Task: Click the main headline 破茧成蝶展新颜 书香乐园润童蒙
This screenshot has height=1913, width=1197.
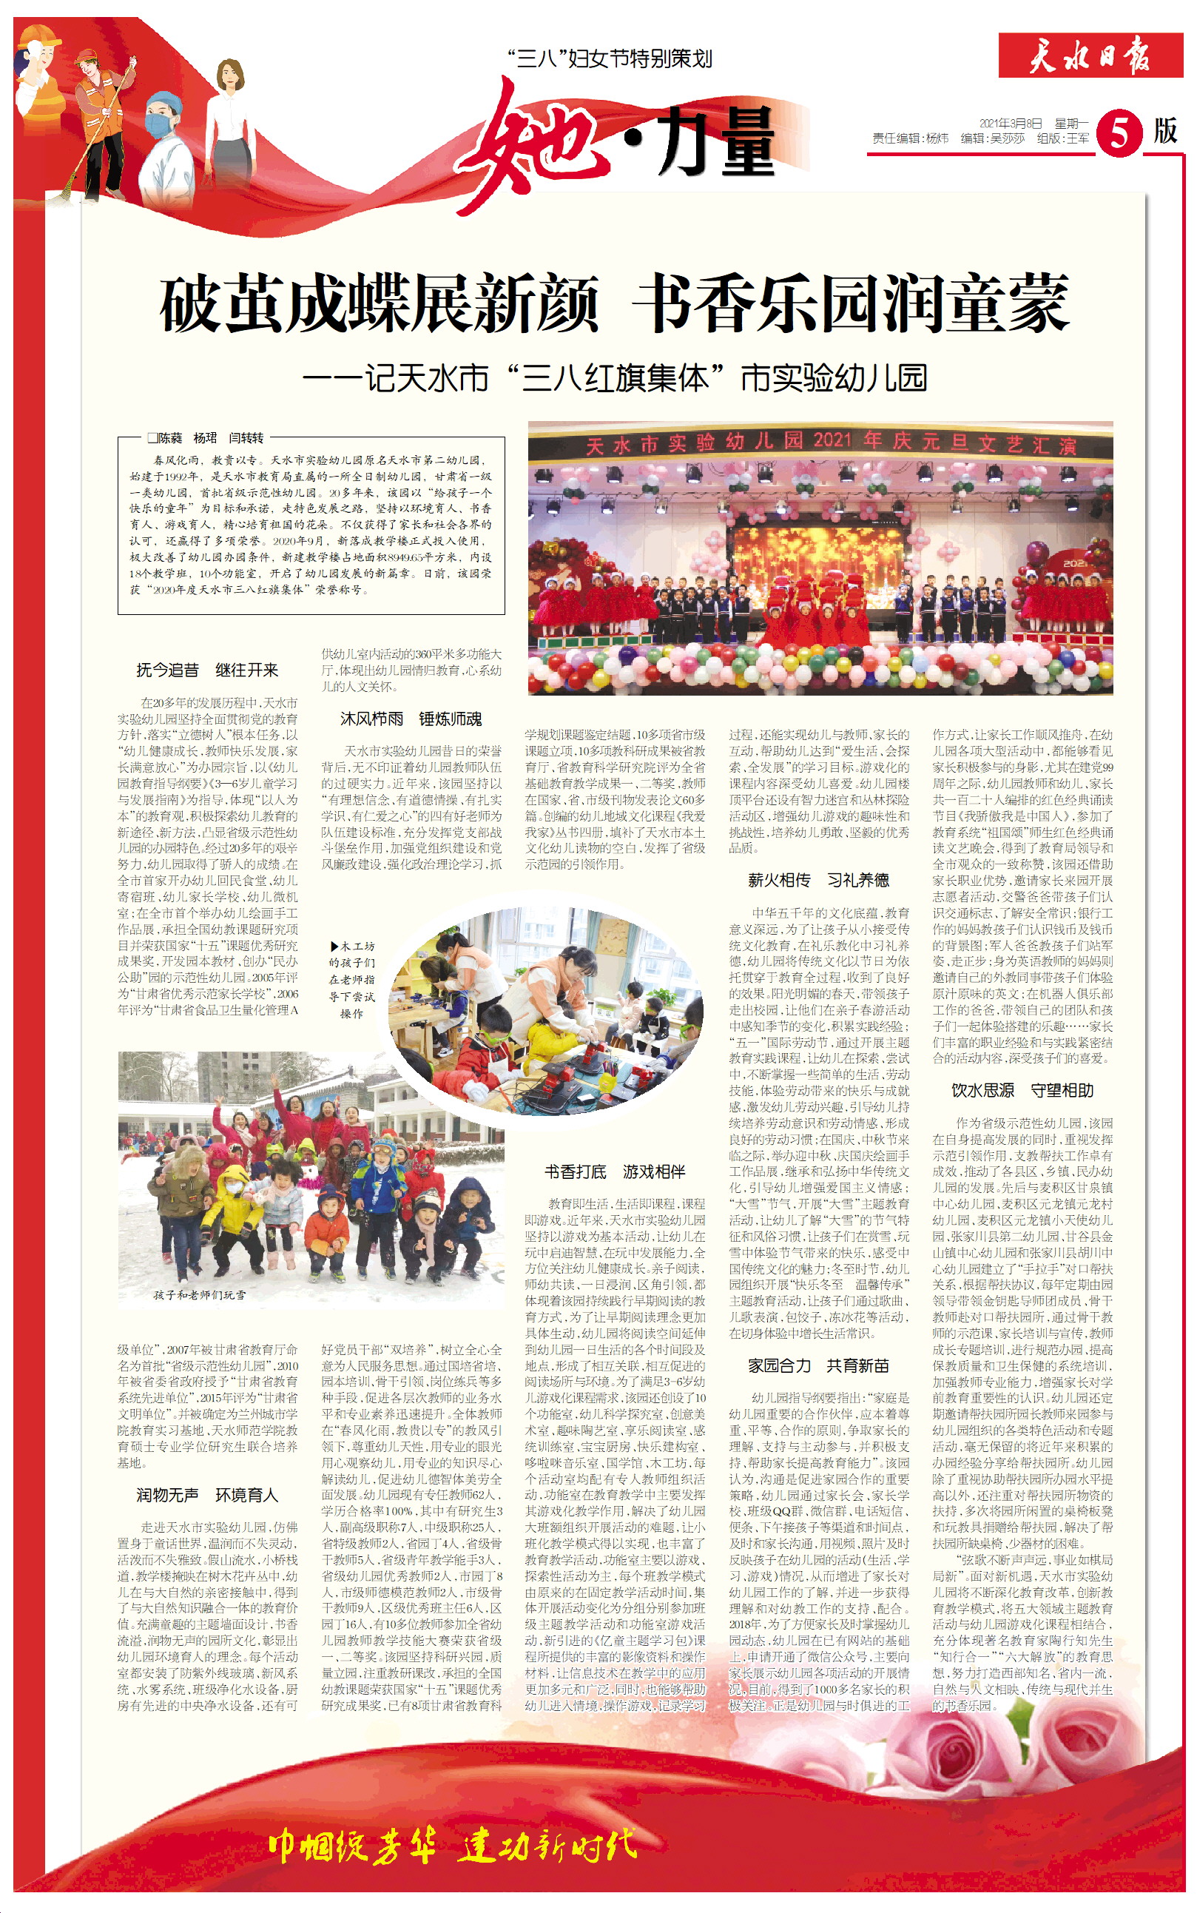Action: click(x=614, y=304)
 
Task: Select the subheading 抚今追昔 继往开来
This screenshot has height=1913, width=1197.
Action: click(x=207, y=670)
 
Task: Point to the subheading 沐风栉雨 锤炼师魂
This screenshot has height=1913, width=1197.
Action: click(x=411, y=719)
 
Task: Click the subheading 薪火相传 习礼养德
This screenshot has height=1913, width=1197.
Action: click(x=818, y=881)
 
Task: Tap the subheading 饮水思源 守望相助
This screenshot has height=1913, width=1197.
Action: click(x=1022, y=1090)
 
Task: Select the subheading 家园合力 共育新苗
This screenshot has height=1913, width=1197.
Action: click(x=818, y=1365)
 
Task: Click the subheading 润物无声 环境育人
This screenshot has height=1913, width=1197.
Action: click(x=207, y=1495)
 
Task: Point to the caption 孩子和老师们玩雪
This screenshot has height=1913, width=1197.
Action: click(x=200, y=1295)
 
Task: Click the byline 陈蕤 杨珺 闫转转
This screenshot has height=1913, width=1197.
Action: click(x=206, y=438)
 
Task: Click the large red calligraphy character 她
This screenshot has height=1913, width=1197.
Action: click(x=539, y=143)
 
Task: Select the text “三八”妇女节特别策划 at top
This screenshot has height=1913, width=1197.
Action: click(x=610, y=58)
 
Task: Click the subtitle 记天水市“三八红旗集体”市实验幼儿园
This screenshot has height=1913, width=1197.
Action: click(x=614, y=378)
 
